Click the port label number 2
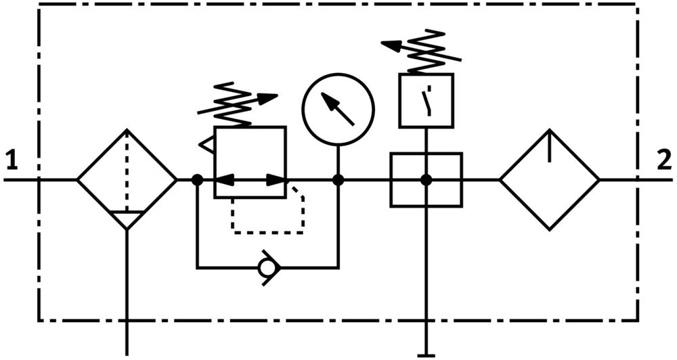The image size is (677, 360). coord(664,161)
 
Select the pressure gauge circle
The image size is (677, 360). coord(338,109)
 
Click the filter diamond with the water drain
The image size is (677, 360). coord(127,180)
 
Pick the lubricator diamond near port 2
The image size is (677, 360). coord(549,180)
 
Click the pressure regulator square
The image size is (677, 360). coord(250,162)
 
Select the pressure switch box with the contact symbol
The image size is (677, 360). coord(426,101)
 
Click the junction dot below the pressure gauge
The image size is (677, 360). coord(338,180)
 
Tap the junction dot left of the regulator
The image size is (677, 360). coord(197,180)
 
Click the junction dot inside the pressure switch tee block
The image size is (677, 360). coord(426,180)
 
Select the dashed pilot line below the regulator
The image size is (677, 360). coord(268,232)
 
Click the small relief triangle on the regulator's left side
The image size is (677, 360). coord(206,143)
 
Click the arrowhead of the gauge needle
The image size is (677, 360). coord(329,101)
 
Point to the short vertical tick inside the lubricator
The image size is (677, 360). coord(549,148)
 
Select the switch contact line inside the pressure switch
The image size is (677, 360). coord(427,102)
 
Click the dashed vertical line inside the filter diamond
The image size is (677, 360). coord(127,169)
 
